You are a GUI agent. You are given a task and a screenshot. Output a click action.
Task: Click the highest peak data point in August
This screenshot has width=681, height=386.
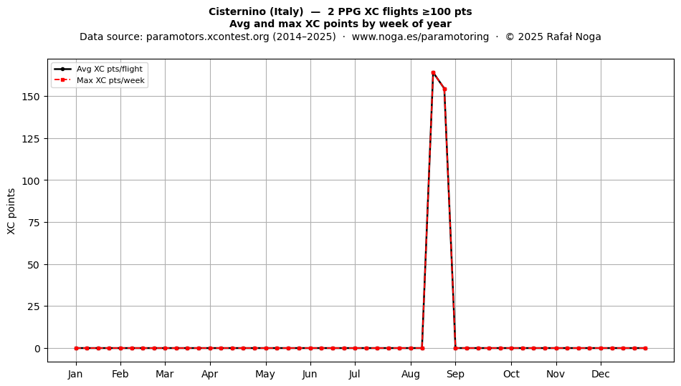(x=433, y=73)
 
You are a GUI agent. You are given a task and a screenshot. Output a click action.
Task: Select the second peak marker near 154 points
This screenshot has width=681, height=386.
(x=444, y=90)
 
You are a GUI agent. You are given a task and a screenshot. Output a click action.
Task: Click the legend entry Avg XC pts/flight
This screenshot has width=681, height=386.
(x=110, y=69)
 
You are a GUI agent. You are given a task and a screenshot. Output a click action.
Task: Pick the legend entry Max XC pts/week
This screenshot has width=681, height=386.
(x=110, y=80)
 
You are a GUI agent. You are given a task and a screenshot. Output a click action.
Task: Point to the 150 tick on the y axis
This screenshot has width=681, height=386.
(x=30, y=96)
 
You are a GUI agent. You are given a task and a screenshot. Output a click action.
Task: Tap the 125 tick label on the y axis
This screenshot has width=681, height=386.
(x=30, y=139)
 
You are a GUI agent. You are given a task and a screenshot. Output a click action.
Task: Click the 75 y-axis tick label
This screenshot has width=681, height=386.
(x=34, y=223)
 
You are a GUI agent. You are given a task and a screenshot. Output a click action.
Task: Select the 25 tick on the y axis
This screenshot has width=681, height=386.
(x=34, y=307)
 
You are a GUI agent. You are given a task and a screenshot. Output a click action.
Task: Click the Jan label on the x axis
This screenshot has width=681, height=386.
(x=75, y=374)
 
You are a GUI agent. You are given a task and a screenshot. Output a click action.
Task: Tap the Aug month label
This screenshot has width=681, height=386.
(x=411, y=374)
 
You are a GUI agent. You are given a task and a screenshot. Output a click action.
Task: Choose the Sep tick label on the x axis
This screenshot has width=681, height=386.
(x=455, y=374)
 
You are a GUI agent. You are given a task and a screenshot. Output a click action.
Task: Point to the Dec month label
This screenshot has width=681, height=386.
(x=601, y=374)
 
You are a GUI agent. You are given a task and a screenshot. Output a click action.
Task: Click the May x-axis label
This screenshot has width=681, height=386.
(x=265, y=374)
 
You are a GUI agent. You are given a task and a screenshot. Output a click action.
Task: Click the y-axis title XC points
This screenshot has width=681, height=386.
(x=11, y=211)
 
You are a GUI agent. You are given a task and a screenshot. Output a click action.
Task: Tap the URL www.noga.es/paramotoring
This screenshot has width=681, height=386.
(x=420, y=37)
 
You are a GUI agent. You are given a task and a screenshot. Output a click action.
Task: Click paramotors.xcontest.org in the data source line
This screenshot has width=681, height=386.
(x=208, y=37)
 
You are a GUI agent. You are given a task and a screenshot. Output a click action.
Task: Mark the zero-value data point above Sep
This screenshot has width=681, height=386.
(x=455, y=348)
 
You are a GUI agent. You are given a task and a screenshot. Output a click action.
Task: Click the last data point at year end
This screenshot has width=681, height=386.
(x=645, y=348)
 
